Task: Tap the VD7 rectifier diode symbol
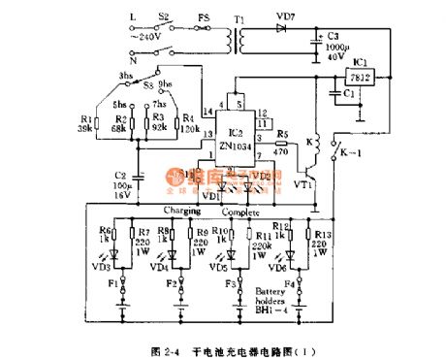(x=280, y=28)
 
